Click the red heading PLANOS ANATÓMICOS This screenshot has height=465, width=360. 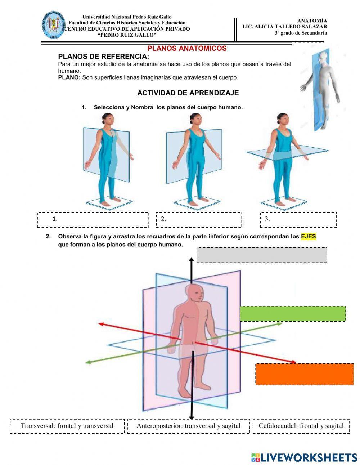point(187,48)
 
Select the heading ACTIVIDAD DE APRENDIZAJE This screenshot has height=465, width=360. point(188,93)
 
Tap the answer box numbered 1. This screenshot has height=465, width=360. point(93,220)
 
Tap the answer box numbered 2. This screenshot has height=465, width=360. point(199,220)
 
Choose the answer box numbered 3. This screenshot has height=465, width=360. point(298,220)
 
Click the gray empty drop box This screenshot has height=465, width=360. point(262,255)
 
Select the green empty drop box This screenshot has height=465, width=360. point(293,314)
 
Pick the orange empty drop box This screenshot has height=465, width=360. point(305,374)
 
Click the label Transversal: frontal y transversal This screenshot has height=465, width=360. point(67,426)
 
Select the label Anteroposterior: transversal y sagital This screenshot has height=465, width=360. point(188,426)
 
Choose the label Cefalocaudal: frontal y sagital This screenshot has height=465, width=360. point(301,426)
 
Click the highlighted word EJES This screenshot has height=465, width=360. point(309,237)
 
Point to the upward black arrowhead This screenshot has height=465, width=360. point(191,259)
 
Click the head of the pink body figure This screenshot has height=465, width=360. point(195,294)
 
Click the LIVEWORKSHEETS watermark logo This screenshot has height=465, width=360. point(304,457)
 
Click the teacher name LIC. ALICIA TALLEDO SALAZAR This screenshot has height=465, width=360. point(284,27)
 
